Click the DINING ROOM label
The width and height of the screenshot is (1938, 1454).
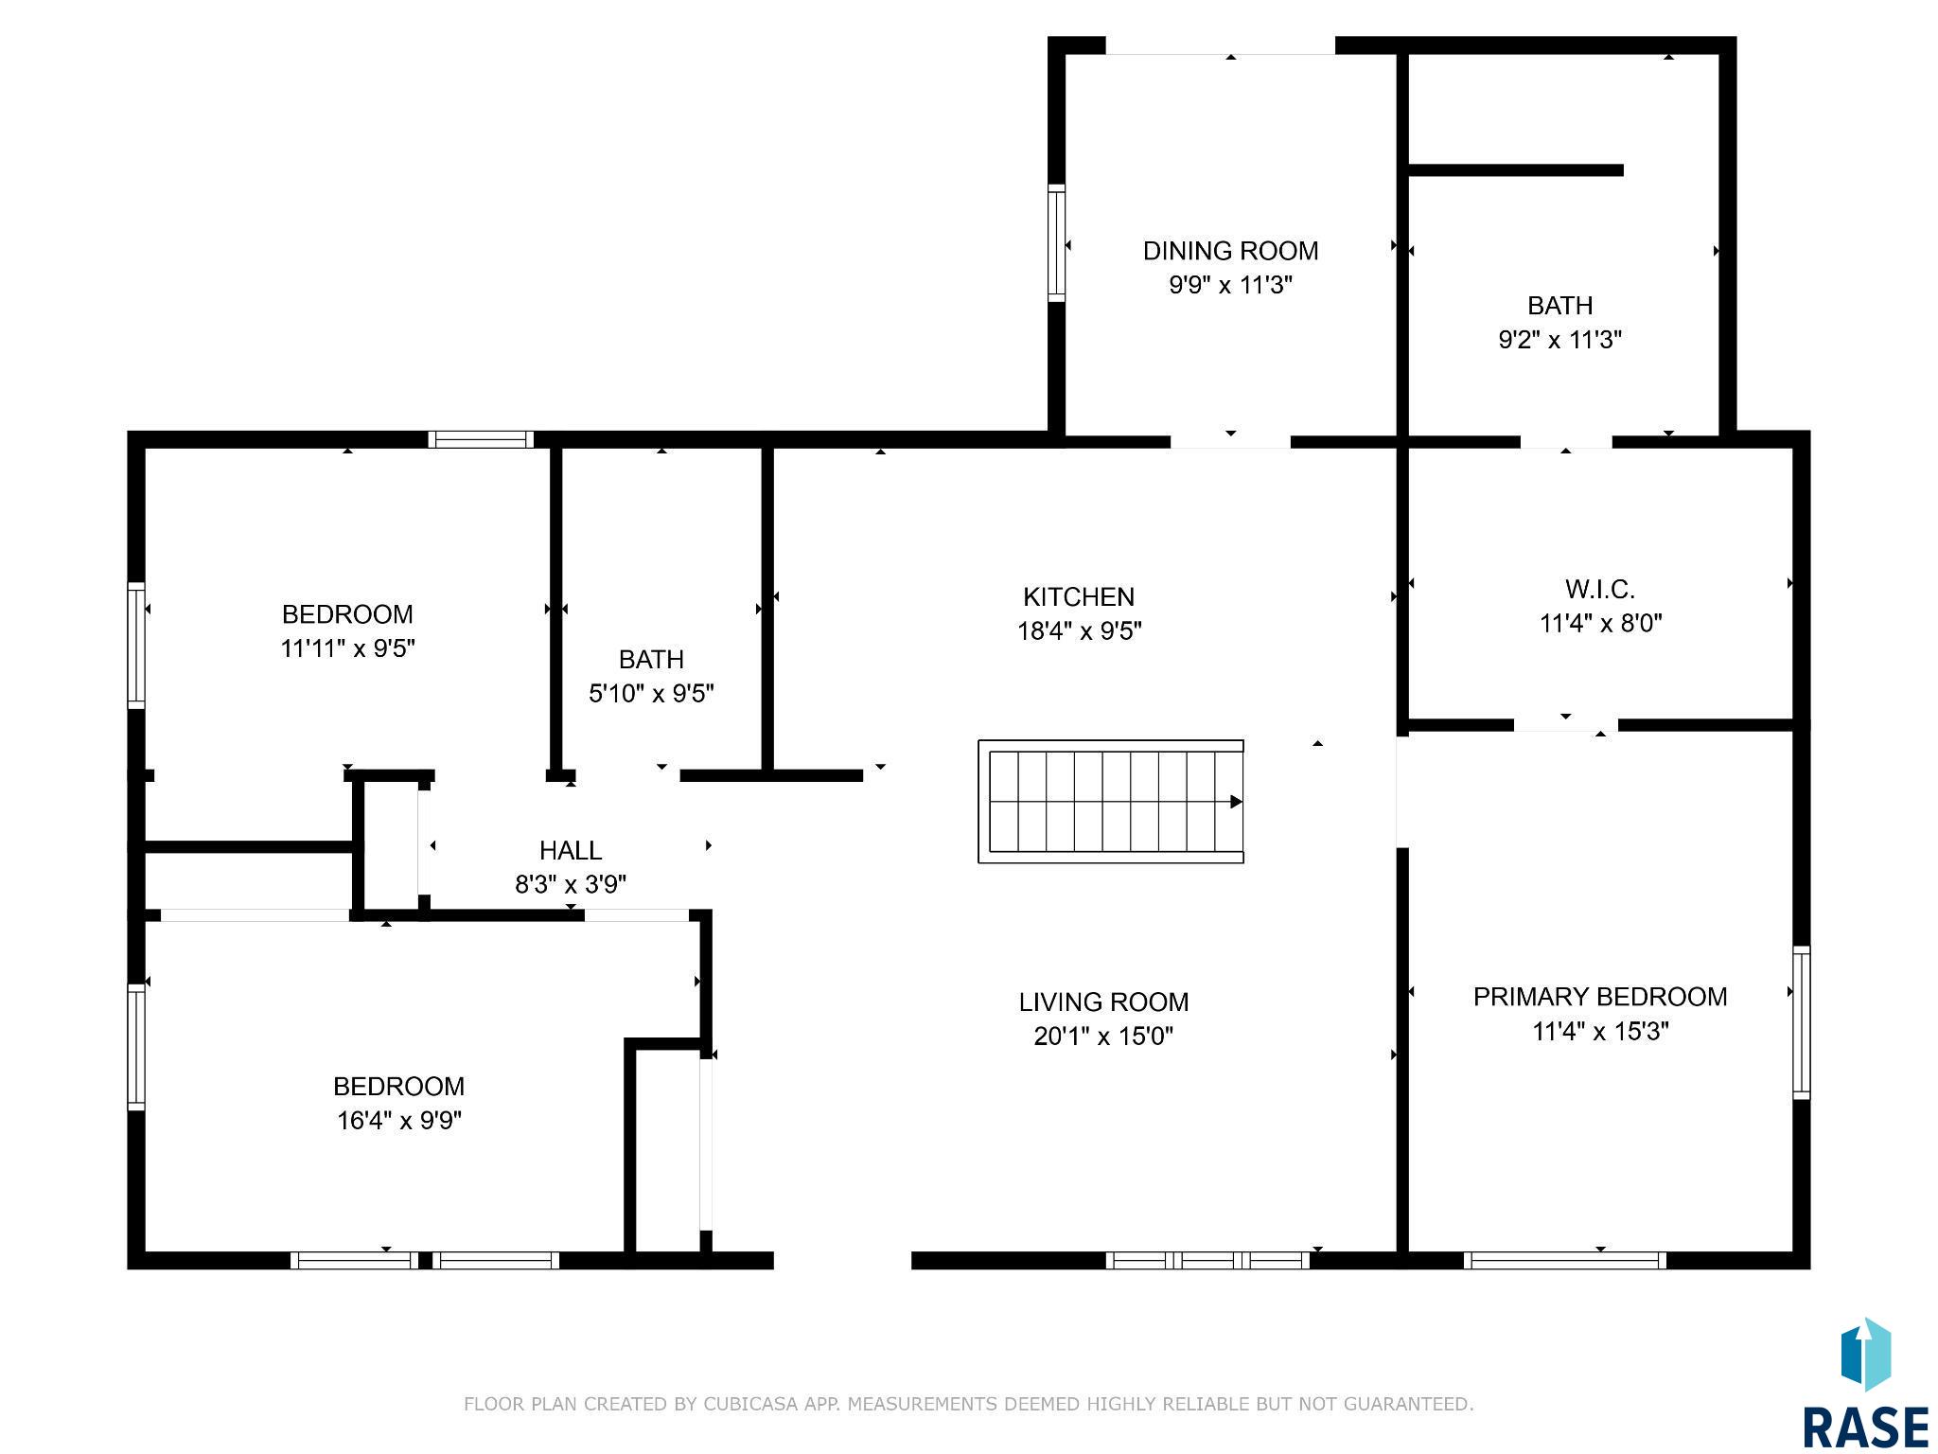pyautogui.click(x=1230, y=251)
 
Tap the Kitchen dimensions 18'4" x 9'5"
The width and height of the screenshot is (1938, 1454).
pyautogui.click(x=1080, y=630)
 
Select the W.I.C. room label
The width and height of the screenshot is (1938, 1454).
pyautogui.click(x=1600, y=590)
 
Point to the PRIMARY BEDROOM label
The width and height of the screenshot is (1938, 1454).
pyautogui.click(x=1600, y=997)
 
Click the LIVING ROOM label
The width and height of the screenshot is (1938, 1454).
pyautogui.click(x=1104, y=1002)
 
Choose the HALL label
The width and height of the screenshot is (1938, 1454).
pyautogui.click(x=571, y=850)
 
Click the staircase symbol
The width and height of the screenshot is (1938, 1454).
pyautogui.click(x=1111, y=802)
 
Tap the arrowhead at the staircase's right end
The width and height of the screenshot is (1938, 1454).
pyautogui.click(x=1237, y=802)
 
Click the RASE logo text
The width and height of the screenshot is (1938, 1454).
pyautogui.click(x=1864, y=1427)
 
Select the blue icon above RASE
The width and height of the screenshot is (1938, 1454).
pyautogui.click(x=1865, y=1355)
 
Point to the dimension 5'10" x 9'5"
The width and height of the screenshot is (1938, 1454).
pyautogui.click(x=651, y=694)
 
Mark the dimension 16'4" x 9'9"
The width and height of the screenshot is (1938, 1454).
pyautogui.click(x=399, y=1121)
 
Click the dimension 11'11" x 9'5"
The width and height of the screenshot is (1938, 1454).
pyautogui.click(x=348, y=648)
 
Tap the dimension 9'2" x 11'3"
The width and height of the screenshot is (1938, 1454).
pyautogui.click(x=1560, y=340)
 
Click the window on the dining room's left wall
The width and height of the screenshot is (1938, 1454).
pyautogui.click(x=1057, y=243)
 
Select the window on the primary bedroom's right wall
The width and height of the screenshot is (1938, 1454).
pyautogui.click(x=1802, y=1022)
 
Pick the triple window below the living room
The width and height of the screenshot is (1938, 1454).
pyautogui.click(x=1207, y=1260)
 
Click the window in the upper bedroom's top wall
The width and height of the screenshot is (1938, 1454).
pyautogui.click(x=481, y=439)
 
